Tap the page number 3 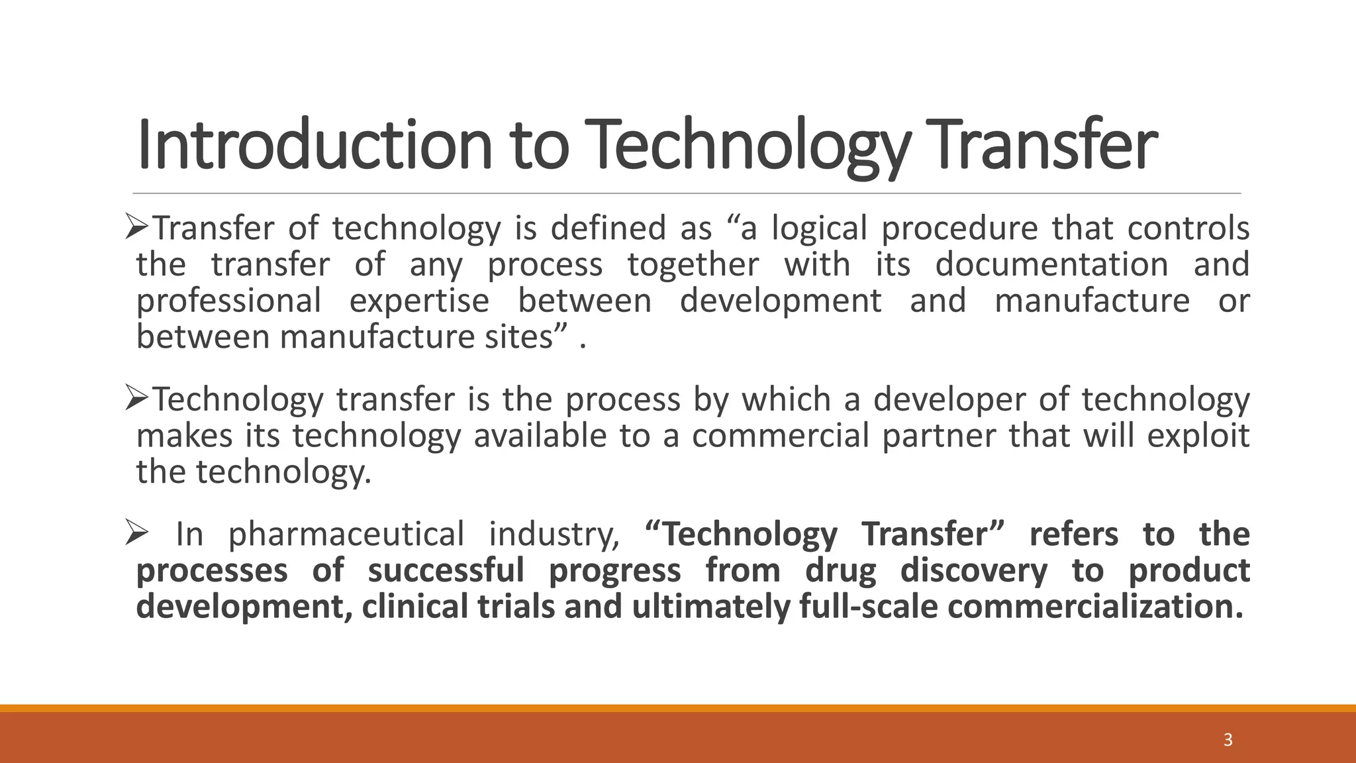[1228, 740]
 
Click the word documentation [1051, 265]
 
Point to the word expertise [419, 301]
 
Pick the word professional [228, 301]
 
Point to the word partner [940, 436]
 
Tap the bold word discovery [973, 571]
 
